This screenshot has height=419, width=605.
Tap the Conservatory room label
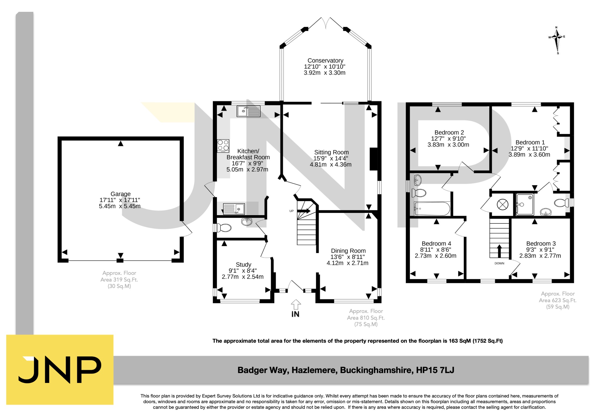pyautogui.click(x=325, y=61)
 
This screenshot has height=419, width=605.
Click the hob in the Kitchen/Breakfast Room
pyautogui.click(x=223, y=146)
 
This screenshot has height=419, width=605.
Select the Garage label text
pyautogui.click(x=120, y=194)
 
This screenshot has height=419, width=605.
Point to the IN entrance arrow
pyautogui.click(x=296, y=305)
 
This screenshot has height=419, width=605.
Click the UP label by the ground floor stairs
pyautogui.click(x=291, y=211)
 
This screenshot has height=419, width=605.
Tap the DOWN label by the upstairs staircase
pyautogui.click(x=499, y=263)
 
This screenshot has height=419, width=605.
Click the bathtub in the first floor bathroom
pyautogui.click(x=432, y=209)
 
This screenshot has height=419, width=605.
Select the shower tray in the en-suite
pyautogui.click(x=525, y=204)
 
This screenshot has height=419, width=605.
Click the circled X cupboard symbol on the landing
pyautogui.click(x=502, y=204)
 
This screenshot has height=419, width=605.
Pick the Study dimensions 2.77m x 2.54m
pyautogui.click(x=243, y=277)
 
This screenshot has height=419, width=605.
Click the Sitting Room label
pyautogui.click(x=331, y=152)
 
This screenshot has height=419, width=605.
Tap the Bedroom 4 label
pyautogui.click(x=436, y=244)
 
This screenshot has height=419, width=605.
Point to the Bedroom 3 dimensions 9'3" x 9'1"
pyautogui.click(x=540, y=250)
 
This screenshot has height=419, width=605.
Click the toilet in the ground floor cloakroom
pyautogui.click(x=223, y=228)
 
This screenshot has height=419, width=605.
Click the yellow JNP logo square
pyautogui.click(x=60, y=370)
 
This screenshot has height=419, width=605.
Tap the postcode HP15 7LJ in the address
pyautogui.click(x=435, y=370)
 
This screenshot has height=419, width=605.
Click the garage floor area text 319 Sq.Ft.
pyautogui.click(x=119, y=280)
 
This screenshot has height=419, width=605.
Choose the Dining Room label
pyautogui.click(x=348, y=251)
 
